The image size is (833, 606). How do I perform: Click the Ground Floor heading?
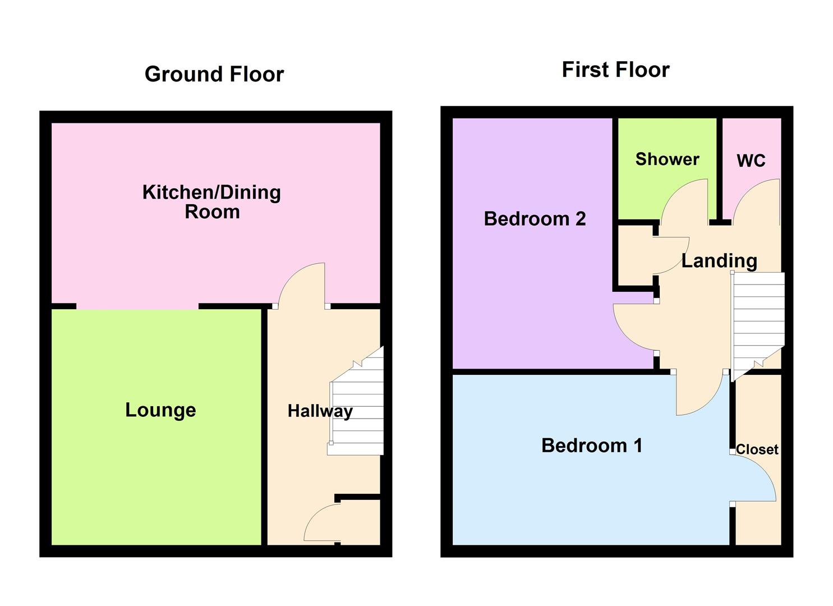[x=214, y=74]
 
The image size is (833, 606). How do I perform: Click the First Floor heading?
[x=615, y=70]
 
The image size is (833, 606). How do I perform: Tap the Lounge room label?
[x=160, y=410]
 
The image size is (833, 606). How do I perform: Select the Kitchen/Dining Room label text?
[x=211, y=201]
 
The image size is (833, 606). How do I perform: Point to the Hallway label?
[x=320, y=411]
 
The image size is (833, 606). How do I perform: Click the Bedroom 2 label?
[x=535, y=218]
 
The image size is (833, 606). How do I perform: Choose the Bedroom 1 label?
[x=592, y=445]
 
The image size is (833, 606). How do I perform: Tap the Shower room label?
[x=667, y=159]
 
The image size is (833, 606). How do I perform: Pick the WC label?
[x=751, y=160]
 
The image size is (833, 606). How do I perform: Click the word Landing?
[x=719, y=260]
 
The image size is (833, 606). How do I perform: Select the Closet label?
[x=757, y=449]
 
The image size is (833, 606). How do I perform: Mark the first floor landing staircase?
[x=758, y=320]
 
